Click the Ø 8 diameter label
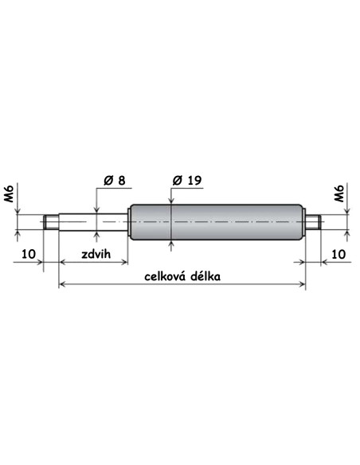point(115,180)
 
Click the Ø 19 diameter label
point(187,180)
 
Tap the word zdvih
point(96,254)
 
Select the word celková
point(165,276)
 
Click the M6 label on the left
point(8,193)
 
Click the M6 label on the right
point(338,193)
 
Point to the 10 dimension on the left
point(29,254)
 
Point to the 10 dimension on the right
point(338,254)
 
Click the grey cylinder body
point(216,222)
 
